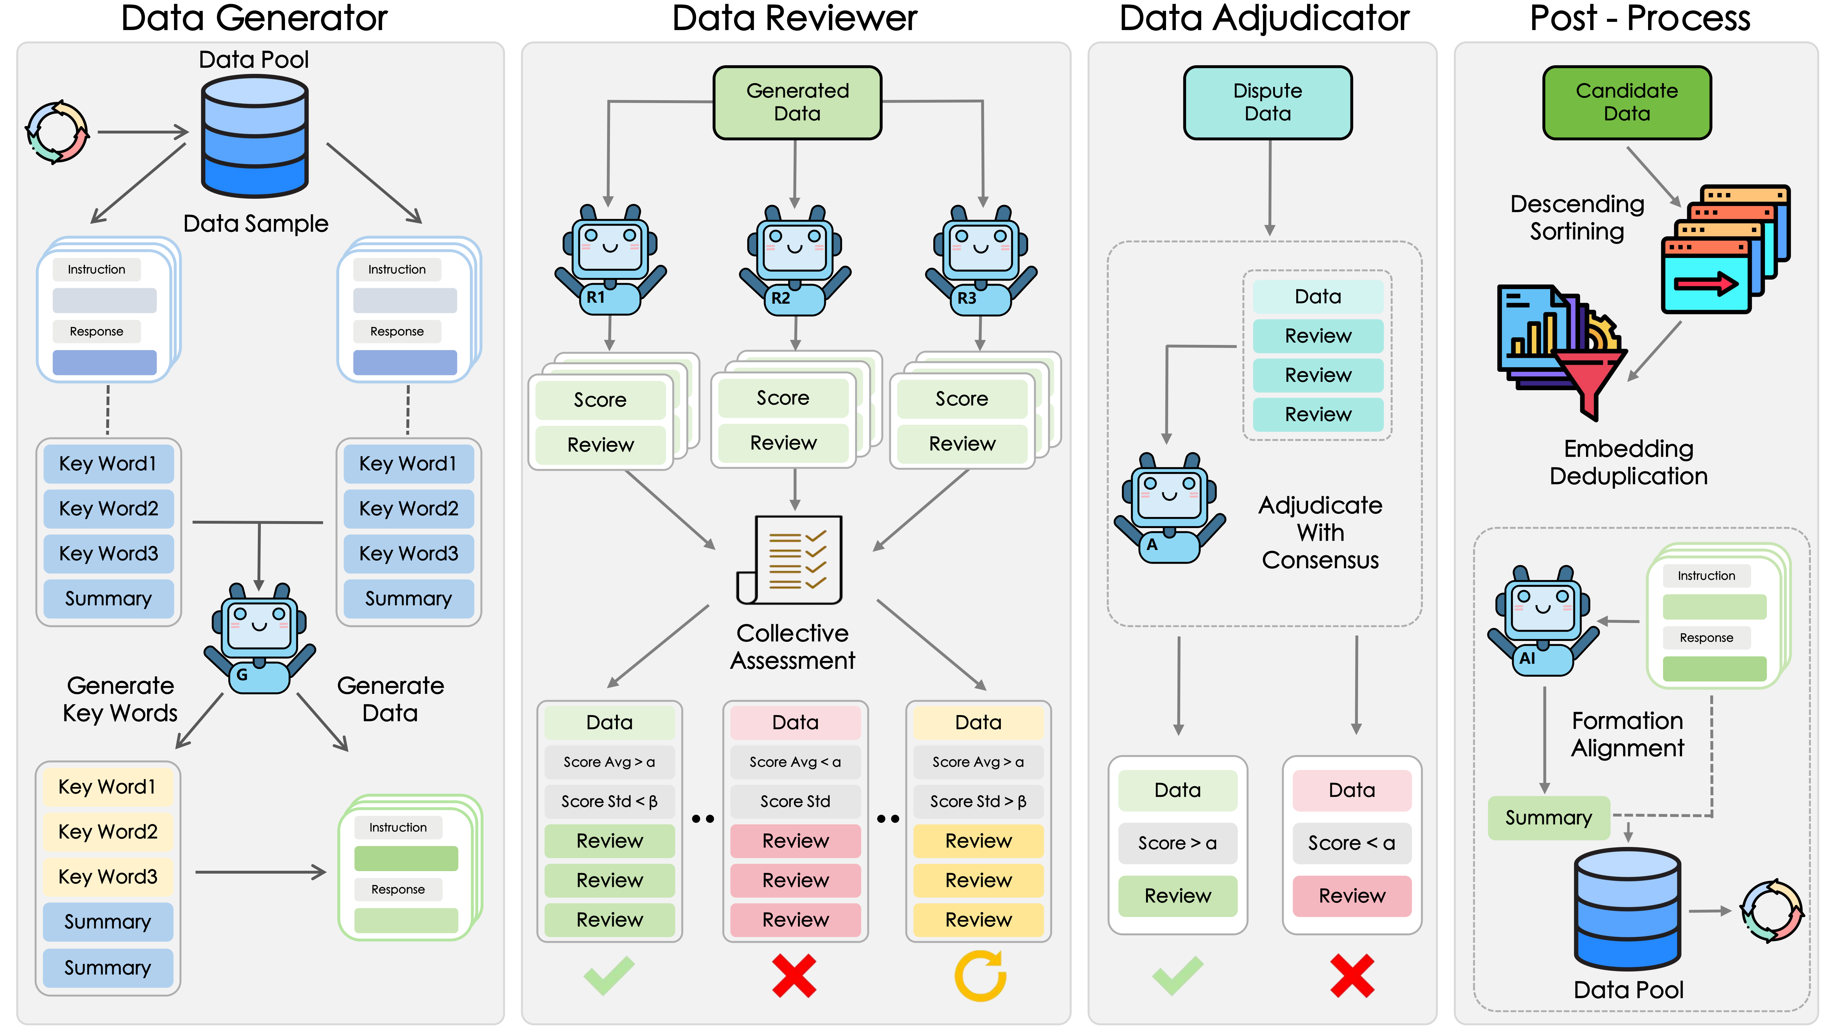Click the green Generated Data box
(797, 102)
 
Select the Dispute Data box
(1267, 102)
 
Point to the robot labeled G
(259, 638)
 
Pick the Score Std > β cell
(978, 802)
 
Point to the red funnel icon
(1590, 383)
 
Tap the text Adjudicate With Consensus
(1320, 532)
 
